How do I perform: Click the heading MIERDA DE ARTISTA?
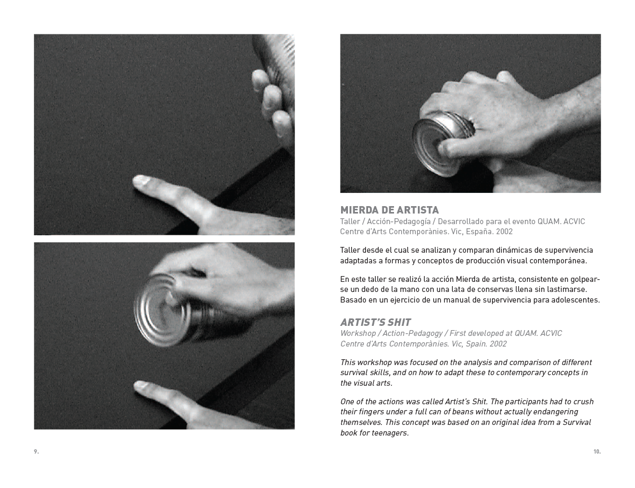coord(389,210)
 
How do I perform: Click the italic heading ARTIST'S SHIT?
coord(375,322)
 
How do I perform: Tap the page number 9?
coord(36,451)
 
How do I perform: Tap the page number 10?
coord(597,451)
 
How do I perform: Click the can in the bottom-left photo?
coord(170,310)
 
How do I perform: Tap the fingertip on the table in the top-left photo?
coord(140,180)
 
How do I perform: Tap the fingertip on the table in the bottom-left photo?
coord(141,386)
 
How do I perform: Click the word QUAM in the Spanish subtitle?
coord(548,221)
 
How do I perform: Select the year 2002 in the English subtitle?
coord(498,344)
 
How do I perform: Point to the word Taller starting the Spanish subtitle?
coord(350,221)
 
